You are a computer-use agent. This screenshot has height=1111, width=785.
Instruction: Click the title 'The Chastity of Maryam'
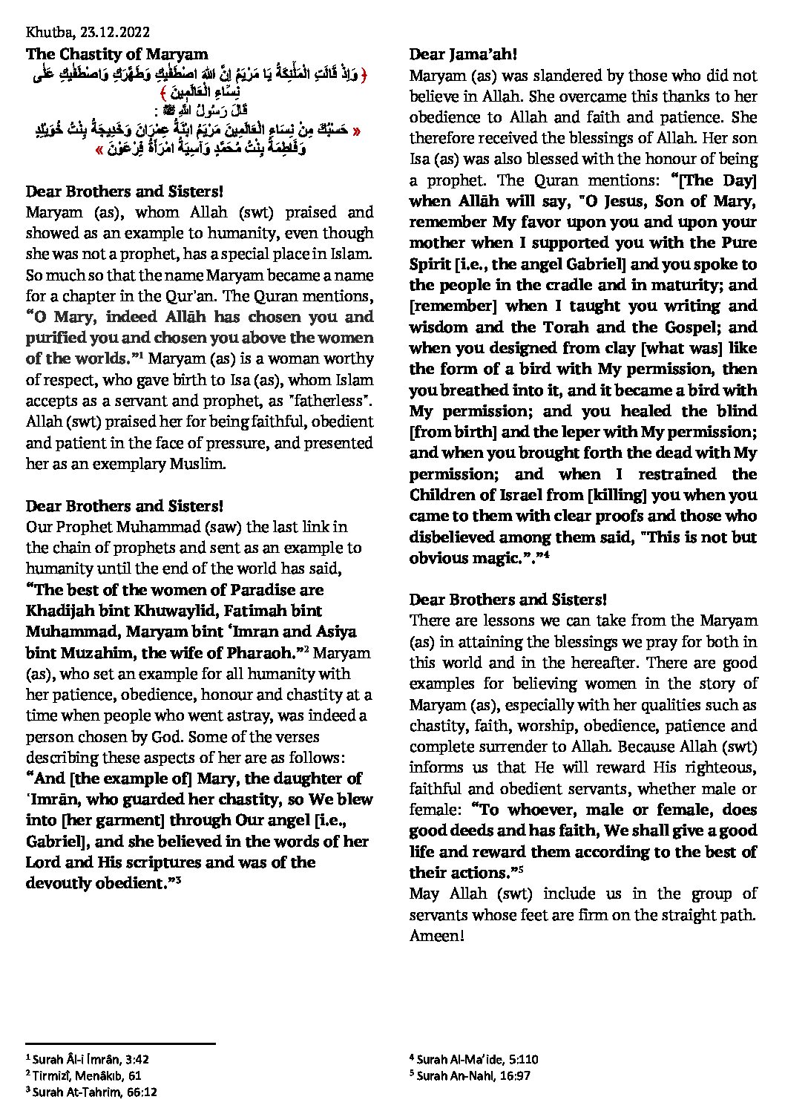(116, 53)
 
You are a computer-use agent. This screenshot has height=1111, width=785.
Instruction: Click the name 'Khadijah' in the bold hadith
(61, 611)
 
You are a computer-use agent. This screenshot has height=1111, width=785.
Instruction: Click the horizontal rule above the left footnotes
(120, 1043)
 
